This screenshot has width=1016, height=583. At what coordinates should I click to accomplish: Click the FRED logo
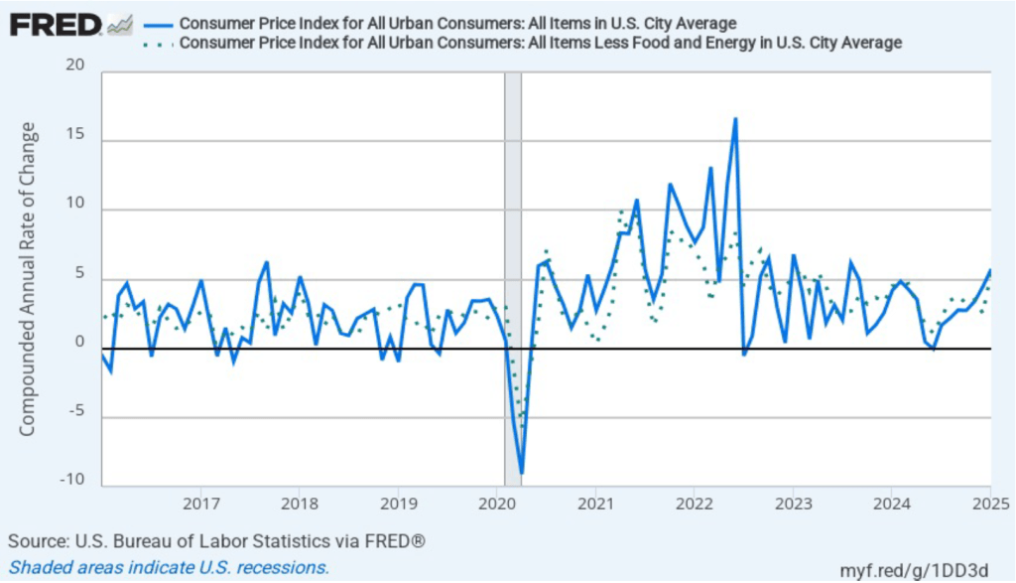[x=56, y=24]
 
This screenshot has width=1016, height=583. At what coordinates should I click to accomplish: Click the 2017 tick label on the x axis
[x=200, y=502]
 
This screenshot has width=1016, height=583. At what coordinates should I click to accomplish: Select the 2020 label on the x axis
[x=496, y=502]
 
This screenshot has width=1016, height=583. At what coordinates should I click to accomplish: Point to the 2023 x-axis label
[x=792, y=502]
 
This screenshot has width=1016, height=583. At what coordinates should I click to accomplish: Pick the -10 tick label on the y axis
[x=71, y=481]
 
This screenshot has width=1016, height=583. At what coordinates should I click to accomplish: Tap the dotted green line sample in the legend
[x=159, y=43]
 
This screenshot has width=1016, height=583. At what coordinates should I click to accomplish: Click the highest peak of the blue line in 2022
[x=735, y=119]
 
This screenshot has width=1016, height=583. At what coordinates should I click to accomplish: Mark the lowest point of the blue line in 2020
[x=521, y=474]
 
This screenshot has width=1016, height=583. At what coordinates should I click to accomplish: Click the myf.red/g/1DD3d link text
[x=915, y=568]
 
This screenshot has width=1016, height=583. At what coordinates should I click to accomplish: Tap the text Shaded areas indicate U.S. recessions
[x=169, y=567]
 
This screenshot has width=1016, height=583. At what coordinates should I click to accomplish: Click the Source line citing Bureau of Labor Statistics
[x=217, y=541]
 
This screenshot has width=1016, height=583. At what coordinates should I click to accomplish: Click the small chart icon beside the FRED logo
[x=120, y=24]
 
